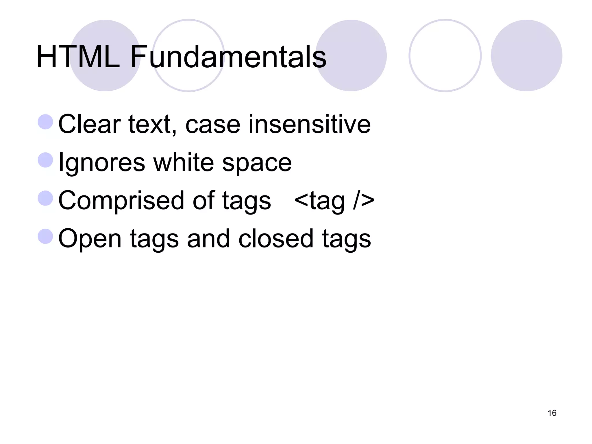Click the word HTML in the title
tap(78, 57)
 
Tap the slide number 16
tap(552, 413)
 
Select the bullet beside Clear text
tap(45, 122)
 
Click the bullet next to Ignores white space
tap(45, 160)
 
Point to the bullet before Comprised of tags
tap(45, 198)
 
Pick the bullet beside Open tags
tap(45, 236)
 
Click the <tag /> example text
tap(334, 201)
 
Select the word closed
tap(276, 239)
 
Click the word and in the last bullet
tap(208, 239)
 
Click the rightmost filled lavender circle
tap(526, 55)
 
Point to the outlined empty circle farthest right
tap(445, 55)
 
